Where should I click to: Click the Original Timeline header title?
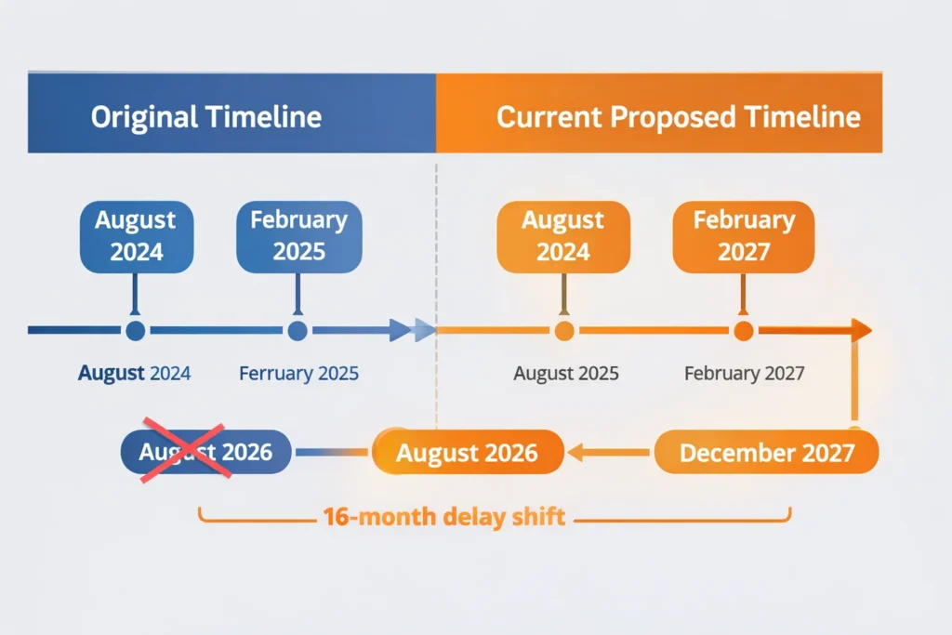tap(206, 117)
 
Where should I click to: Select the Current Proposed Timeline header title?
tap(678, 117)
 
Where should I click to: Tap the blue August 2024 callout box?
tap(136, 236)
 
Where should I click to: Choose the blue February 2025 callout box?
tap(298, 236)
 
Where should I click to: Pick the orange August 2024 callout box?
tap(563, 236)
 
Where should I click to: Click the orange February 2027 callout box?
tap(744, 236)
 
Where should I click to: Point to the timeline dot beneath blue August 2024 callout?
tap(136, 330)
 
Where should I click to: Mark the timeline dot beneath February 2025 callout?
tap(297, 330)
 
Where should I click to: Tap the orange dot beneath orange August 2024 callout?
tap(563, 330)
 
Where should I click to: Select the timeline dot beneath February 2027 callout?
tap(743, 330)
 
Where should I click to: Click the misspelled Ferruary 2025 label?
tap(298, 374)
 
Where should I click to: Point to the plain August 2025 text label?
tap(566, 374)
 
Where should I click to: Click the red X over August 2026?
tap(184, 452)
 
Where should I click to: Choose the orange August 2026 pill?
tap(468, 453)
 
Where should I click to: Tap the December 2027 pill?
tap(767, 453)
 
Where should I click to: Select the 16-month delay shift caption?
tap(444, 517)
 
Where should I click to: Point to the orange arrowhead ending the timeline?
tap(861, 330)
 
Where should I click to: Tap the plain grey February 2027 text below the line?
tap(744, 374)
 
